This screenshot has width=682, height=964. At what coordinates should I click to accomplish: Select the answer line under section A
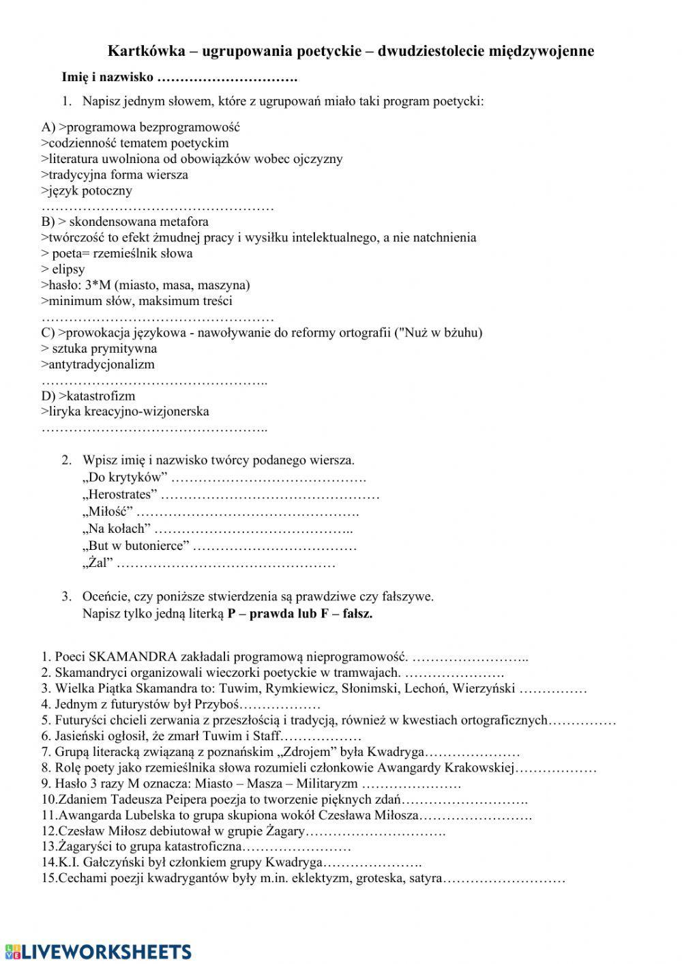tap(157, 207)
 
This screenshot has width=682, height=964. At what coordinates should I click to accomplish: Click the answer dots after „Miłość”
tap(249, 512)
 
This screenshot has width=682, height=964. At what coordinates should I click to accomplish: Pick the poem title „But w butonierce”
tap(136, 546)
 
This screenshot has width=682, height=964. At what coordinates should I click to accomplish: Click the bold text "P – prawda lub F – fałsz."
tap(300, 613)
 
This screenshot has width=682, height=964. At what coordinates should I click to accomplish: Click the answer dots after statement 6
tap(321, 736)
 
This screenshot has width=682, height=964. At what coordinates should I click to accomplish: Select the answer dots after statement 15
tap(504, 879)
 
